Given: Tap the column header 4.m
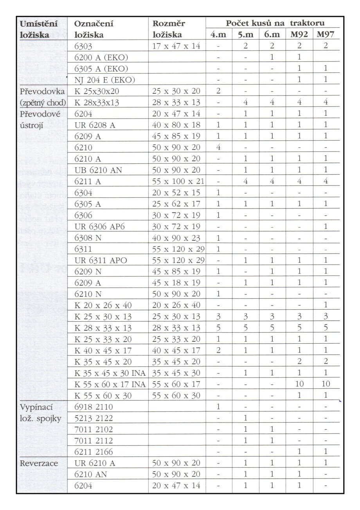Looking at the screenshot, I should (218, 34).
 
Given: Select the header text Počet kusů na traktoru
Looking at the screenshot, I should (275, 23).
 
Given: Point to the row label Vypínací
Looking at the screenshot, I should (36, 407).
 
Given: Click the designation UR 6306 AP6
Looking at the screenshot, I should (101, 227).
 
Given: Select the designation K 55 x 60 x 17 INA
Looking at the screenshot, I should (110, 384).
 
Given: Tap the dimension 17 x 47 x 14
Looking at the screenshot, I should (176, 46).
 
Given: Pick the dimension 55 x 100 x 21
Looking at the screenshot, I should (178, 181).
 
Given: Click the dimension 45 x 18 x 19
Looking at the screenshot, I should (176, 283).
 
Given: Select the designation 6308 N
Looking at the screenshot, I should (88, 238).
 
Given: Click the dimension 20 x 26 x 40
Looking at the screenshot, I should (176, 305).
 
